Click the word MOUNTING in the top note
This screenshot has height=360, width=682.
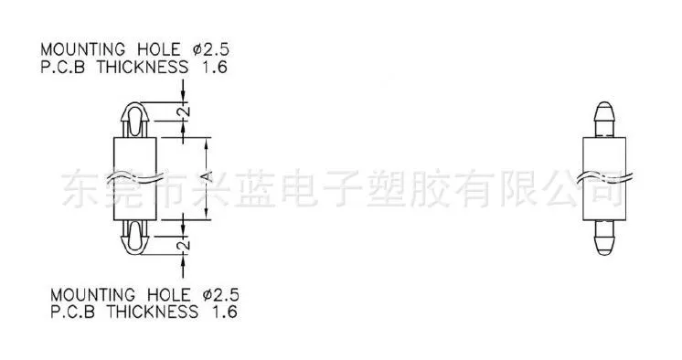coord(82,49)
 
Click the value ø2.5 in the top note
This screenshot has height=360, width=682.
coord(210,49)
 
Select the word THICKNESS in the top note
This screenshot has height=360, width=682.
coord(143,68)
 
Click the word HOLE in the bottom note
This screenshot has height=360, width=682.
coord(169,295)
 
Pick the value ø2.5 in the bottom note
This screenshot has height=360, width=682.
coord(220,295)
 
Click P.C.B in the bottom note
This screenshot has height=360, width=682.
coord(72,312)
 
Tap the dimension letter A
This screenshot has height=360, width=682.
coord(208,176)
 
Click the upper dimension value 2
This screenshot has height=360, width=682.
coord(185,111)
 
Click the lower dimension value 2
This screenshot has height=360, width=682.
coord(185,245)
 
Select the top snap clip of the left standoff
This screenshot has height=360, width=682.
coord(134,120)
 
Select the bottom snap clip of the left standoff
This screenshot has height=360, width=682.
coord(134,237)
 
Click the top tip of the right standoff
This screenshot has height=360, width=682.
coord(604,102)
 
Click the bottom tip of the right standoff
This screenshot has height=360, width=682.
coord(604,255)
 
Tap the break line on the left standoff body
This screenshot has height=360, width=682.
coord(134,177)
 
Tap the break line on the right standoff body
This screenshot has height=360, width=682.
coord(604,177)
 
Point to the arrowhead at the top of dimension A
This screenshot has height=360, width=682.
coord(207,143)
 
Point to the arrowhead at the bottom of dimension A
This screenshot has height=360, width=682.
coord(207,215)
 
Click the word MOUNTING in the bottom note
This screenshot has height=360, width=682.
coord(92,295)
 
